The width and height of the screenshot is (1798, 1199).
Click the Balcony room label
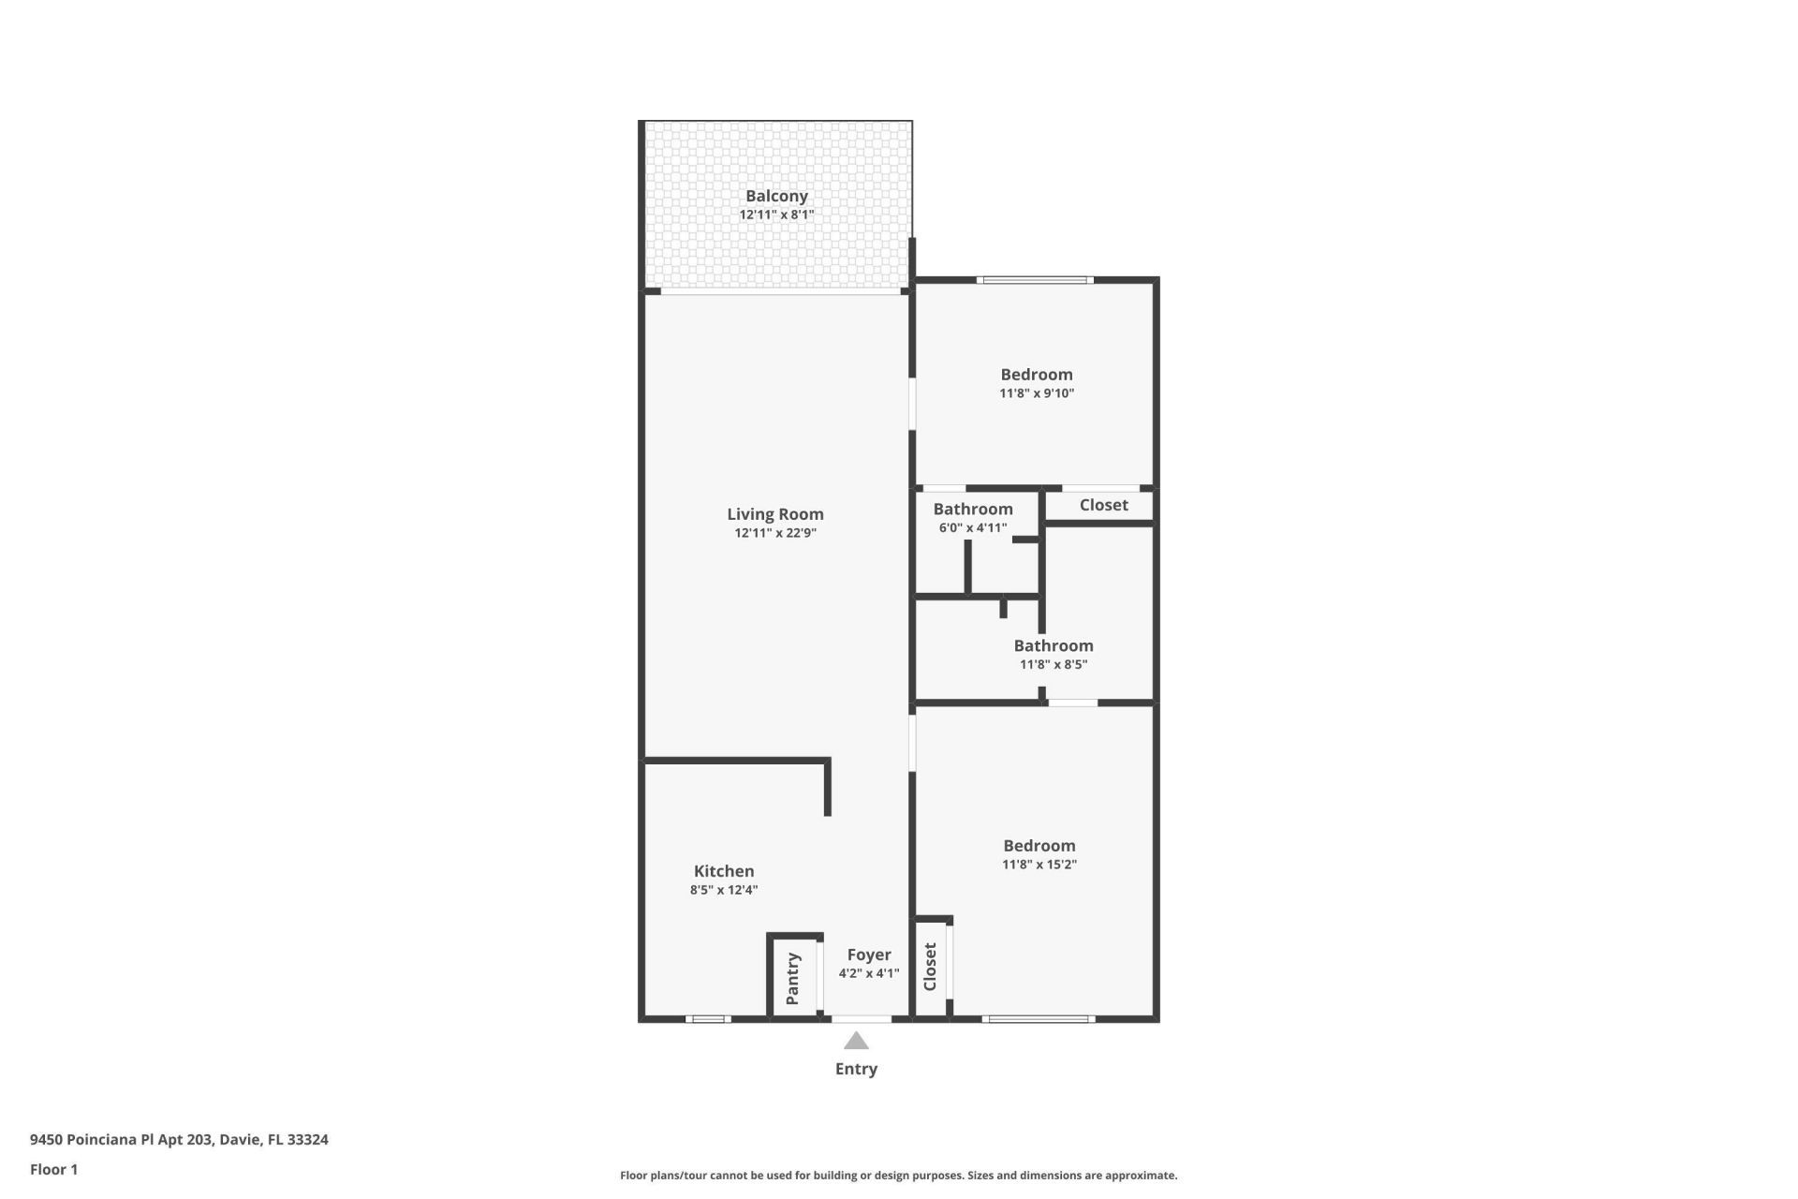[776, 196]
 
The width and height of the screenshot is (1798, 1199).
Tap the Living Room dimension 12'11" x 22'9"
[775, 533]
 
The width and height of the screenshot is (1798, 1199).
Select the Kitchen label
[724, 871]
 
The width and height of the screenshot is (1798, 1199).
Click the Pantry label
[792, 978]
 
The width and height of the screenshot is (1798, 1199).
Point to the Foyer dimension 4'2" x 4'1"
[868, 973]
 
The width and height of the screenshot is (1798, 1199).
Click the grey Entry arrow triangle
[856, 1041]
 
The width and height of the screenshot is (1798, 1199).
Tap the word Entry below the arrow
[856, 1069]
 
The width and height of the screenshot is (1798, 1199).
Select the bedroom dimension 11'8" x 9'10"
[1037, 393]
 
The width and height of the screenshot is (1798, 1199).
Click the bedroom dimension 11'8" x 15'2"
[1039, 865]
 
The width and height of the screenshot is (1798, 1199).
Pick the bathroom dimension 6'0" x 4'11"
[973, 527]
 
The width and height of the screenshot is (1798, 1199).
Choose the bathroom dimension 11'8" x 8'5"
[1053, 664]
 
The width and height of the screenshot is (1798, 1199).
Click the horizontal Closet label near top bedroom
[1103, 505]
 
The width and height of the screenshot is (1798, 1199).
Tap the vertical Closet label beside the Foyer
[930, 967]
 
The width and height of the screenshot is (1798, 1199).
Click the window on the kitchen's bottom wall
[708, 1018]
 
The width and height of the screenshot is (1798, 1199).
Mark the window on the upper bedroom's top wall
[1035, 279]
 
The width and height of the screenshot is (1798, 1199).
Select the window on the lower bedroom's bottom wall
[1038, 1018]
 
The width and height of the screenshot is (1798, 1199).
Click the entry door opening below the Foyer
[862, 1018]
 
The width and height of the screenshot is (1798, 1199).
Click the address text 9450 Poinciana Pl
[179, 1140]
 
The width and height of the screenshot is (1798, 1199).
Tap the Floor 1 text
[53, 1169]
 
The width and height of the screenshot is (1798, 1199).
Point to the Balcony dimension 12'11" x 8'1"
[776, 215]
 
